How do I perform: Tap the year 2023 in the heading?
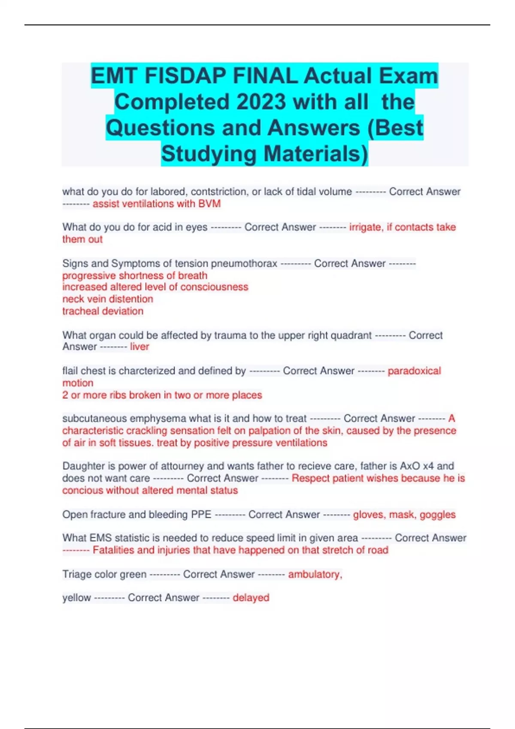click(261, 102)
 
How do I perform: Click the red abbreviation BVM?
click(209, 204)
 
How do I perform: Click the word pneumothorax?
click(244, 263)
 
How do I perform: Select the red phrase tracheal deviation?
click(103, 311)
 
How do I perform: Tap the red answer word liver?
click(139, 346)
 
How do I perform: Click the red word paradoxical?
click(414, 371)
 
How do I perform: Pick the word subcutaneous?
click(94, 419)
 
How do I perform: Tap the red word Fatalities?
click(113, 550)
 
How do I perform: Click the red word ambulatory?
click(315, 574)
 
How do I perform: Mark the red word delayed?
click(251, 598)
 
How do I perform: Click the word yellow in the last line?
click(76, 598)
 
